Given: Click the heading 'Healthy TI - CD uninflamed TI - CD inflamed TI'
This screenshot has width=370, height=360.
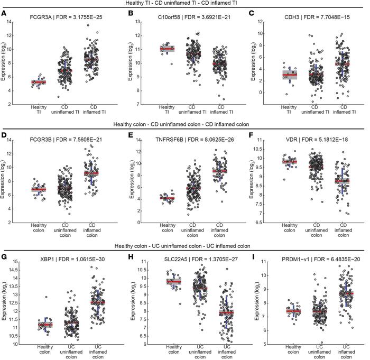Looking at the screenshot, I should (x=184, y=4).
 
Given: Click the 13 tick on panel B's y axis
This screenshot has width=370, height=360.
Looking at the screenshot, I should (x=138, y=21).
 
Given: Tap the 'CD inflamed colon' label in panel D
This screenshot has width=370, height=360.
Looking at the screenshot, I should (x=94, y=227).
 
